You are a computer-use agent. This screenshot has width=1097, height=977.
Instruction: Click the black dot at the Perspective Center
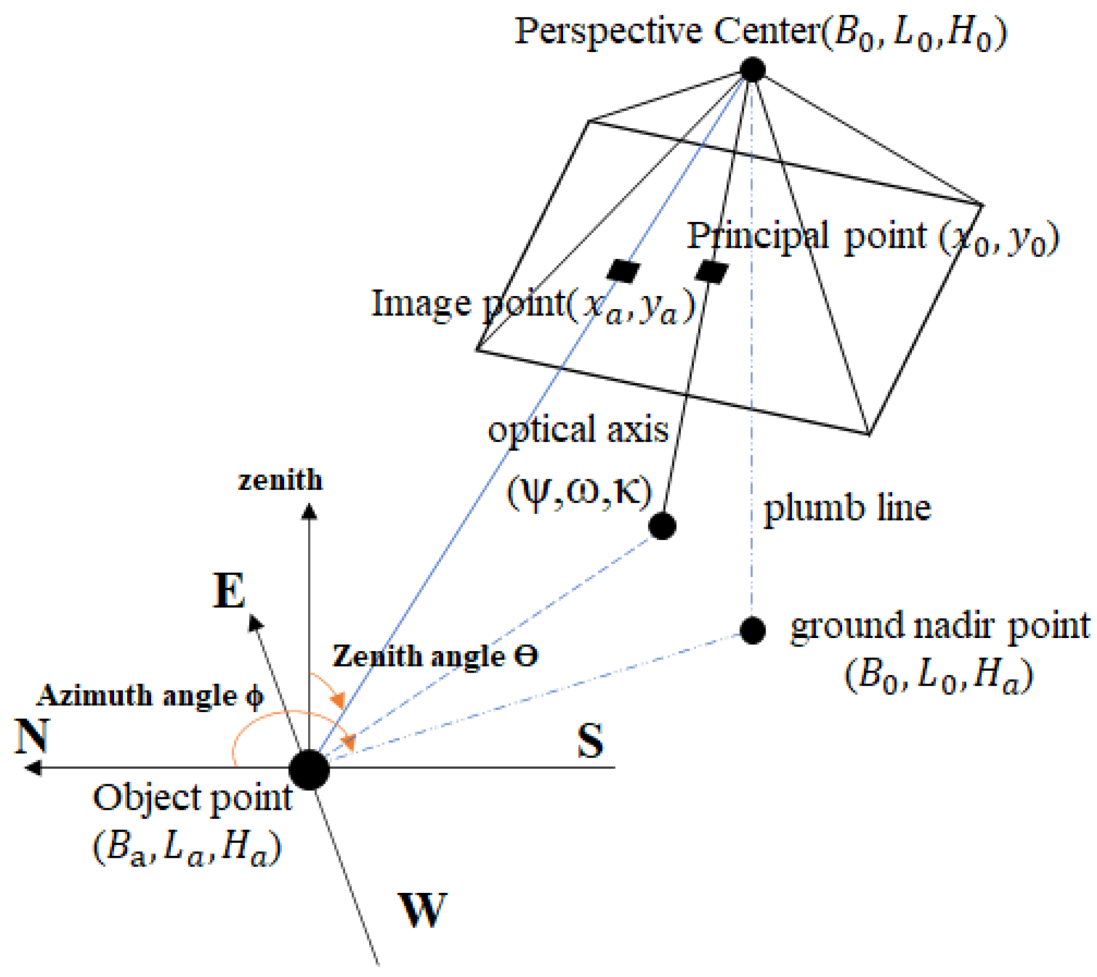(752, 69)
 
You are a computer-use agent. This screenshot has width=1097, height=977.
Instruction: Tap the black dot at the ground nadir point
(752, 630)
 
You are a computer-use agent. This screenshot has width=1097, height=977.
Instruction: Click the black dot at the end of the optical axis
(662, 526)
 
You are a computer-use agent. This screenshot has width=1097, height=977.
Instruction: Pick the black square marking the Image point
(623, 271)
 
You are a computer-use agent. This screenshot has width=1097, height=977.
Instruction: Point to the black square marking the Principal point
(712, 272)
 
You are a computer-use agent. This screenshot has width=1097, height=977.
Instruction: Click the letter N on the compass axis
(32, 736)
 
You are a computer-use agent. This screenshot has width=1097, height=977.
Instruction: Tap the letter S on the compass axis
(590, 741)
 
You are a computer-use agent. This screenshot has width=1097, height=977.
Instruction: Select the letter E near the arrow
(229, 591)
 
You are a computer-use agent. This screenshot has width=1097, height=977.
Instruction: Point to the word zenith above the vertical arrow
(280, 480)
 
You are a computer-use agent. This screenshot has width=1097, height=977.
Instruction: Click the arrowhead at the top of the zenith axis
(309, 511)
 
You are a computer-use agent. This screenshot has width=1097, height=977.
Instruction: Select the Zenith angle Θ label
(435, 656)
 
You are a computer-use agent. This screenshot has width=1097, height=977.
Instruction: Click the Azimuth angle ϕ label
(150, 696)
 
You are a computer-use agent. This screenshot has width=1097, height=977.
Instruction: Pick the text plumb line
(847, 508)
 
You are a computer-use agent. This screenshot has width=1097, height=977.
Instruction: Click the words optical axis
(577, 429)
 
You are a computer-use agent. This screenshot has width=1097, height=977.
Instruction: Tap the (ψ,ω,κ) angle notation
(579, 493)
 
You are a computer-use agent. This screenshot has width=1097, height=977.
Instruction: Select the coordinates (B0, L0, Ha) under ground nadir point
(938, 676)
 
